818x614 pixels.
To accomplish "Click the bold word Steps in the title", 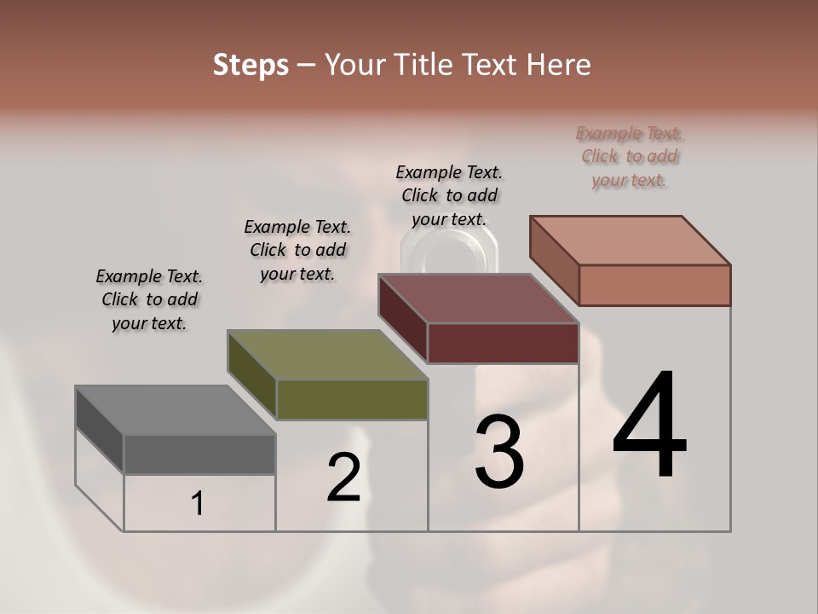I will (251, 65).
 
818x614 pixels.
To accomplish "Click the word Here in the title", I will (557, 65).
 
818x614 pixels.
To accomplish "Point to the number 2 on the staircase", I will (343, 478).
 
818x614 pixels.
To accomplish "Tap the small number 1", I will (198, 504).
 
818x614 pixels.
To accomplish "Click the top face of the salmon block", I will (630, 240).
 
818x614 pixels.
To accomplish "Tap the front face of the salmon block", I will (654, 285).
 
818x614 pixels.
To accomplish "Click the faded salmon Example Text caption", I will (630, 157).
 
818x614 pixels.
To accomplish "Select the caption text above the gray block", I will (149, 299).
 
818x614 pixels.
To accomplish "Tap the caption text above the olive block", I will (297, 250).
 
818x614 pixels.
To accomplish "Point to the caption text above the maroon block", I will (449, 195).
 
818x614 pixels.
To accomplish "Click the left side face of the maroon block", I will (403, 319).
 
